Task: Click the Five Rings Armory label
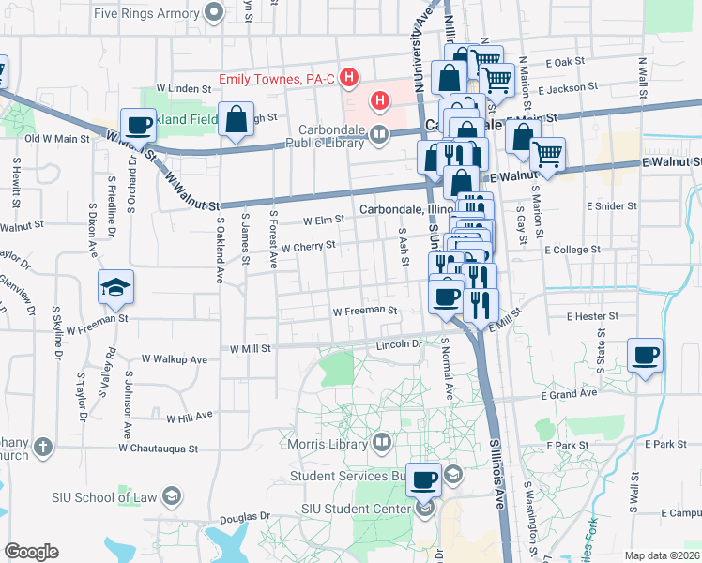[145, 13]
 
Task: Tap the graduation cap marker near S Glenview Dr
[116, 287]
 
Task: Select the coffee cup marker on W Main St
[139, 125]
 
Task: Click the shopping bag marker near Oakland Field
[234, 119]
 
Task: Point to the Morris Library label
[328, 443]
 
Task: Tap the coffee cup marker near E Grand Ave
[644, 356]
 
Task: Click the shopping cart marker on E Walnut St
[547, 155]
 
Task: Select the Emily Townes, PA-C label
[278, 79]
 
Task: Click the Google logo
[31, 552]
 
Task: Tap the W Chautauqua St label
[159, 449]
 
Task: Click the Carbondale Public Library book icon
[378, 133]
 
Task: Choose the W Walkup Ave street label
[175, 359]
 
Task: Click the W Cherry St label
[309, 247]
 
